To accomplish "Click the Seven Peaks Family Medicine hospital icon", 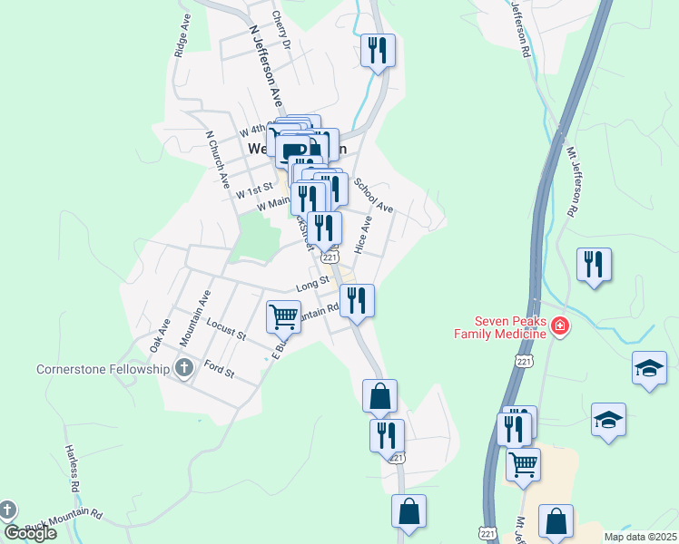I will (559, 325).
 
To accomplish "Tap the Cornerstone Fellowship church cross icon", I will (184, 368).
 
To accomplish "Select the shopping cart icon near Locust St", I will (283, 317).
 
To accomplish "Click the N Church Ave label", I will (217, 160).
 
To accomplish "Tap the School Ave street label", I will (373, 195).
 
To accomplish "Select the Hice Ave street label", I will (364, 234).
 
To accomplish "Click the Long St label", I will (311, 285).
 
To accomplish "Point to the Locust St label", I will (226, 328).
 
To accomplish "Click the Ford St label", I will (220, 370).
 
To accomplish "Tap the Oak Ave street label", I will (160, 335).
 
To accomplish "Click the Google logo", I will (30, 533).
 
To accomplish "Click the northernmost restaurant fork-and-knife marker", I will (378, 49).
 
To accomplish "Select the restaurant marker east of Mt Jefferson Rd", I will (594, 264).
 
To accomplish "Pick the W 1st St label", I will (254, 192).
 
